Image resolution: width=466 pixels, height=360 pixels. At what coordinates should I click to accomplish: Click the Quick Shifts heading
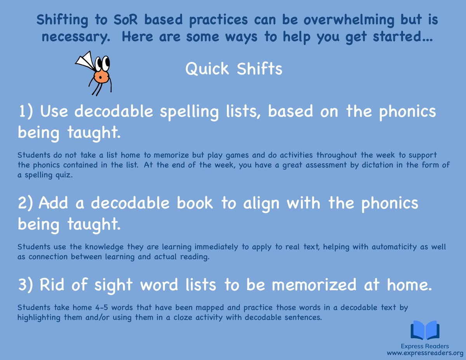click(x=233, y=70)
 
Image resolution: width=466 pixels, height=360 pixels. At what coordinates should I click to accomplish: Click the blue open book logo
click(x=425, y=330)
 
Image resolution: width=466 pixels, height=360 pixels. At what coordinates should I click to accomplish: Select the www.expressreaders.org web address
click(x=425, y=353)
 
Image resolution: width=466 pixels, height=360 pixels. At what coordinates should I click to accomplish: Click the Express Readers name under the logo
click(x=425, y=346)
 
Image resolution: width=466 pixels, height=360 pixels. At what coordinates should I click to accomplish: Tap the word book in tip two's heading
click(x=194, y=203)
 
